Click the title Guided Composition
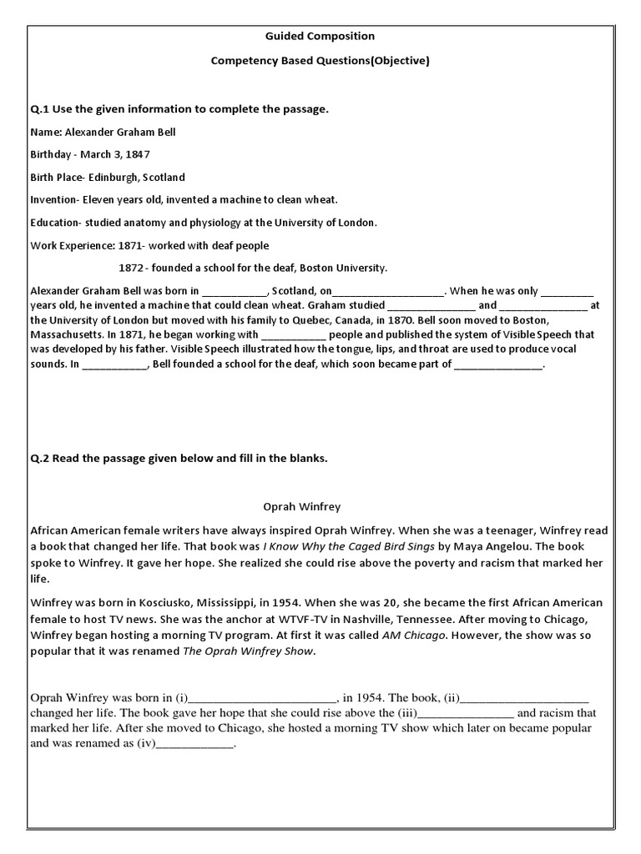tap(320, 37)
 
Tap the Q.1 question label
tap(40, 110)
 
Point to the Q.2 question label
tap(40, 459)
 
